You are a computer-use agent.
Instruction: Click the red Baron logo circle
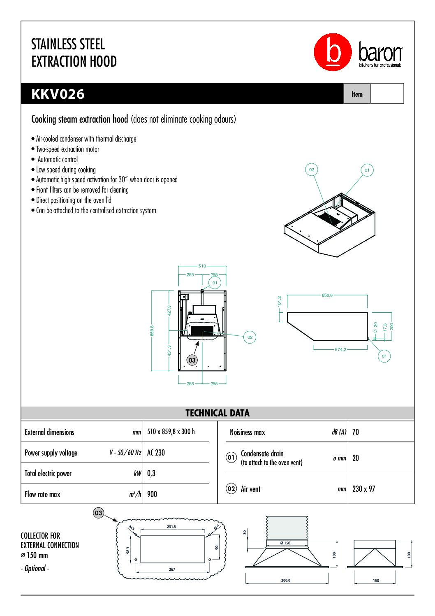(x=333, y=52)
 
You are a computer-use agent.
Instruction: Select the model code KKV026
(x=58, y=94)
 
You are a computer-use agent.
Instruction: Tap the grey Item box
(x=357, y=94)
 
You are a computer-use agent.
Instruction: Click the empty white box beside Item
(x=387, y=94)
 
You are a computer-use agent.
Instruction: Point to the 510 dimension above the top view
(x=202, y=266)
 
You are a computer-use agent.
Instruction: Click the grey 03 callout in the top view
(x=192, y=360)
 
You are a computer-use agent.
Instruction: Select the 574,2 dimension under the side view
(x=340, y=349)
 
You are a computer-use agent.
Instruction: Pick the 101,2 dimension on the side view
(x=280, y=302)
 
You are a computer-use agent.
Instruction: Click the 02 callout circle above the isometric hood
(x=312, y=170)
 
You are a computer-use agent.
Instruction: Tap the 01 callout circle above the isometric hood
(x=367, y=170)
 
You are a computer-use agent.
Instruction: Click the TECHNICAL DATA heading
(x=217, y=413)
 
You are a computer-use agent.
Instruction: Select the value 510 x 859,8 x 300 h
(x=171, y=432)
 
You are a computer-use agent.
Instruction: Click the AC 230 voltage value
(x=156, y=453)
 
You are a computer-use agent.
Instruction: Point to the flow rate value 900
(x=152, y=494)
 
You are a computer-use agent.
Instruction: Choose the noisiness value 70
(x=356, y=432)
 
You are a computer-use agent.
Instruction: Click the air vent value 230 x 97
(x=364, y=489)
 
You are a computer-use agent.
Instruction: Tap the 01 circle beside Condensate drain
(x=231, y=457)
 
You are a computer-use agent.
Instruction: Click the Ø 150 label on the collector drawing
(x=285, y=543)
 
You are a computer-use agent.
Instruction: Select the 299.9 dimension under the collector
(x=286, y=581)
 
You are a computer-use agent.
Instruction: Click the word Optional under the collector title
(x=35, y=568)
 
